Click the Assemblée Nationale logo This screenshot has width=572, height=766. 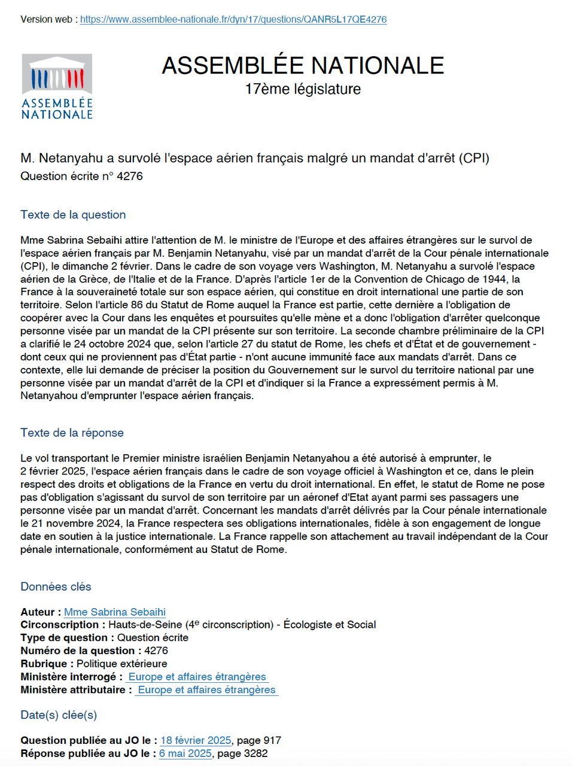[x=57, y=87]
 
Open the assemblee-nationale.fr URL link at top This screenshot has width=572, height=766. [x=233, y=19]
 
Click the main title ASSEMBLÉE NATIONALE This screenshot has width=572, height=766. [x=303, y=66]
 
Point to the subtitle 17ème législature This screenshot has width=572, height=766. [x=303, y=89]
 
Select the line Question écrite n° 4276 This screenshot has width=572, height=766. [x=81, y=176]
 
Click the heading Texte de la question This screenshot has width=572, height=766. [x=73, y=215]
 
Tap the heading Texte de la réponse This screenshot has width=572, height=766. [x=72, y=433]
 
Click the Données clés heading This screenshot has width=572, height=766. [x=56, y=586]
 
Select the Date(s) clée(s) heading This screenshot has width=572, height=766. [x=59, y=715]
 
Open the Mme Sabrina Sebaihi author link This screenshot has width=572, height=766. [x=115, y=612]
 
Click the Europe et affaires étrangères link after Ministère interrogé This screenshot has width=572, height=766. [x=197, y=676]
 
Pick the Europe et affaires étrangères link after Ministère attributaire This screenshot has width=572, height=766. [x=206, y=689]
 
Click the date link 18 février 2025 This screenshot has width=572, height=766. [x=196, y=740]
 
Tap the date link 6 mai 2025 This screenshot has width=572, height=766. [x=185, y=753]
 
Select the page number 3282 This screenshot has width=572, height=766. [x=255, y=753]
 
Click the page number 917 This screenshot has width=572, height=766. [x=272, y=740]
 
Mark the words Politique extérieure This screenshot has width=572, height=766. [x=122, y=664]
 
